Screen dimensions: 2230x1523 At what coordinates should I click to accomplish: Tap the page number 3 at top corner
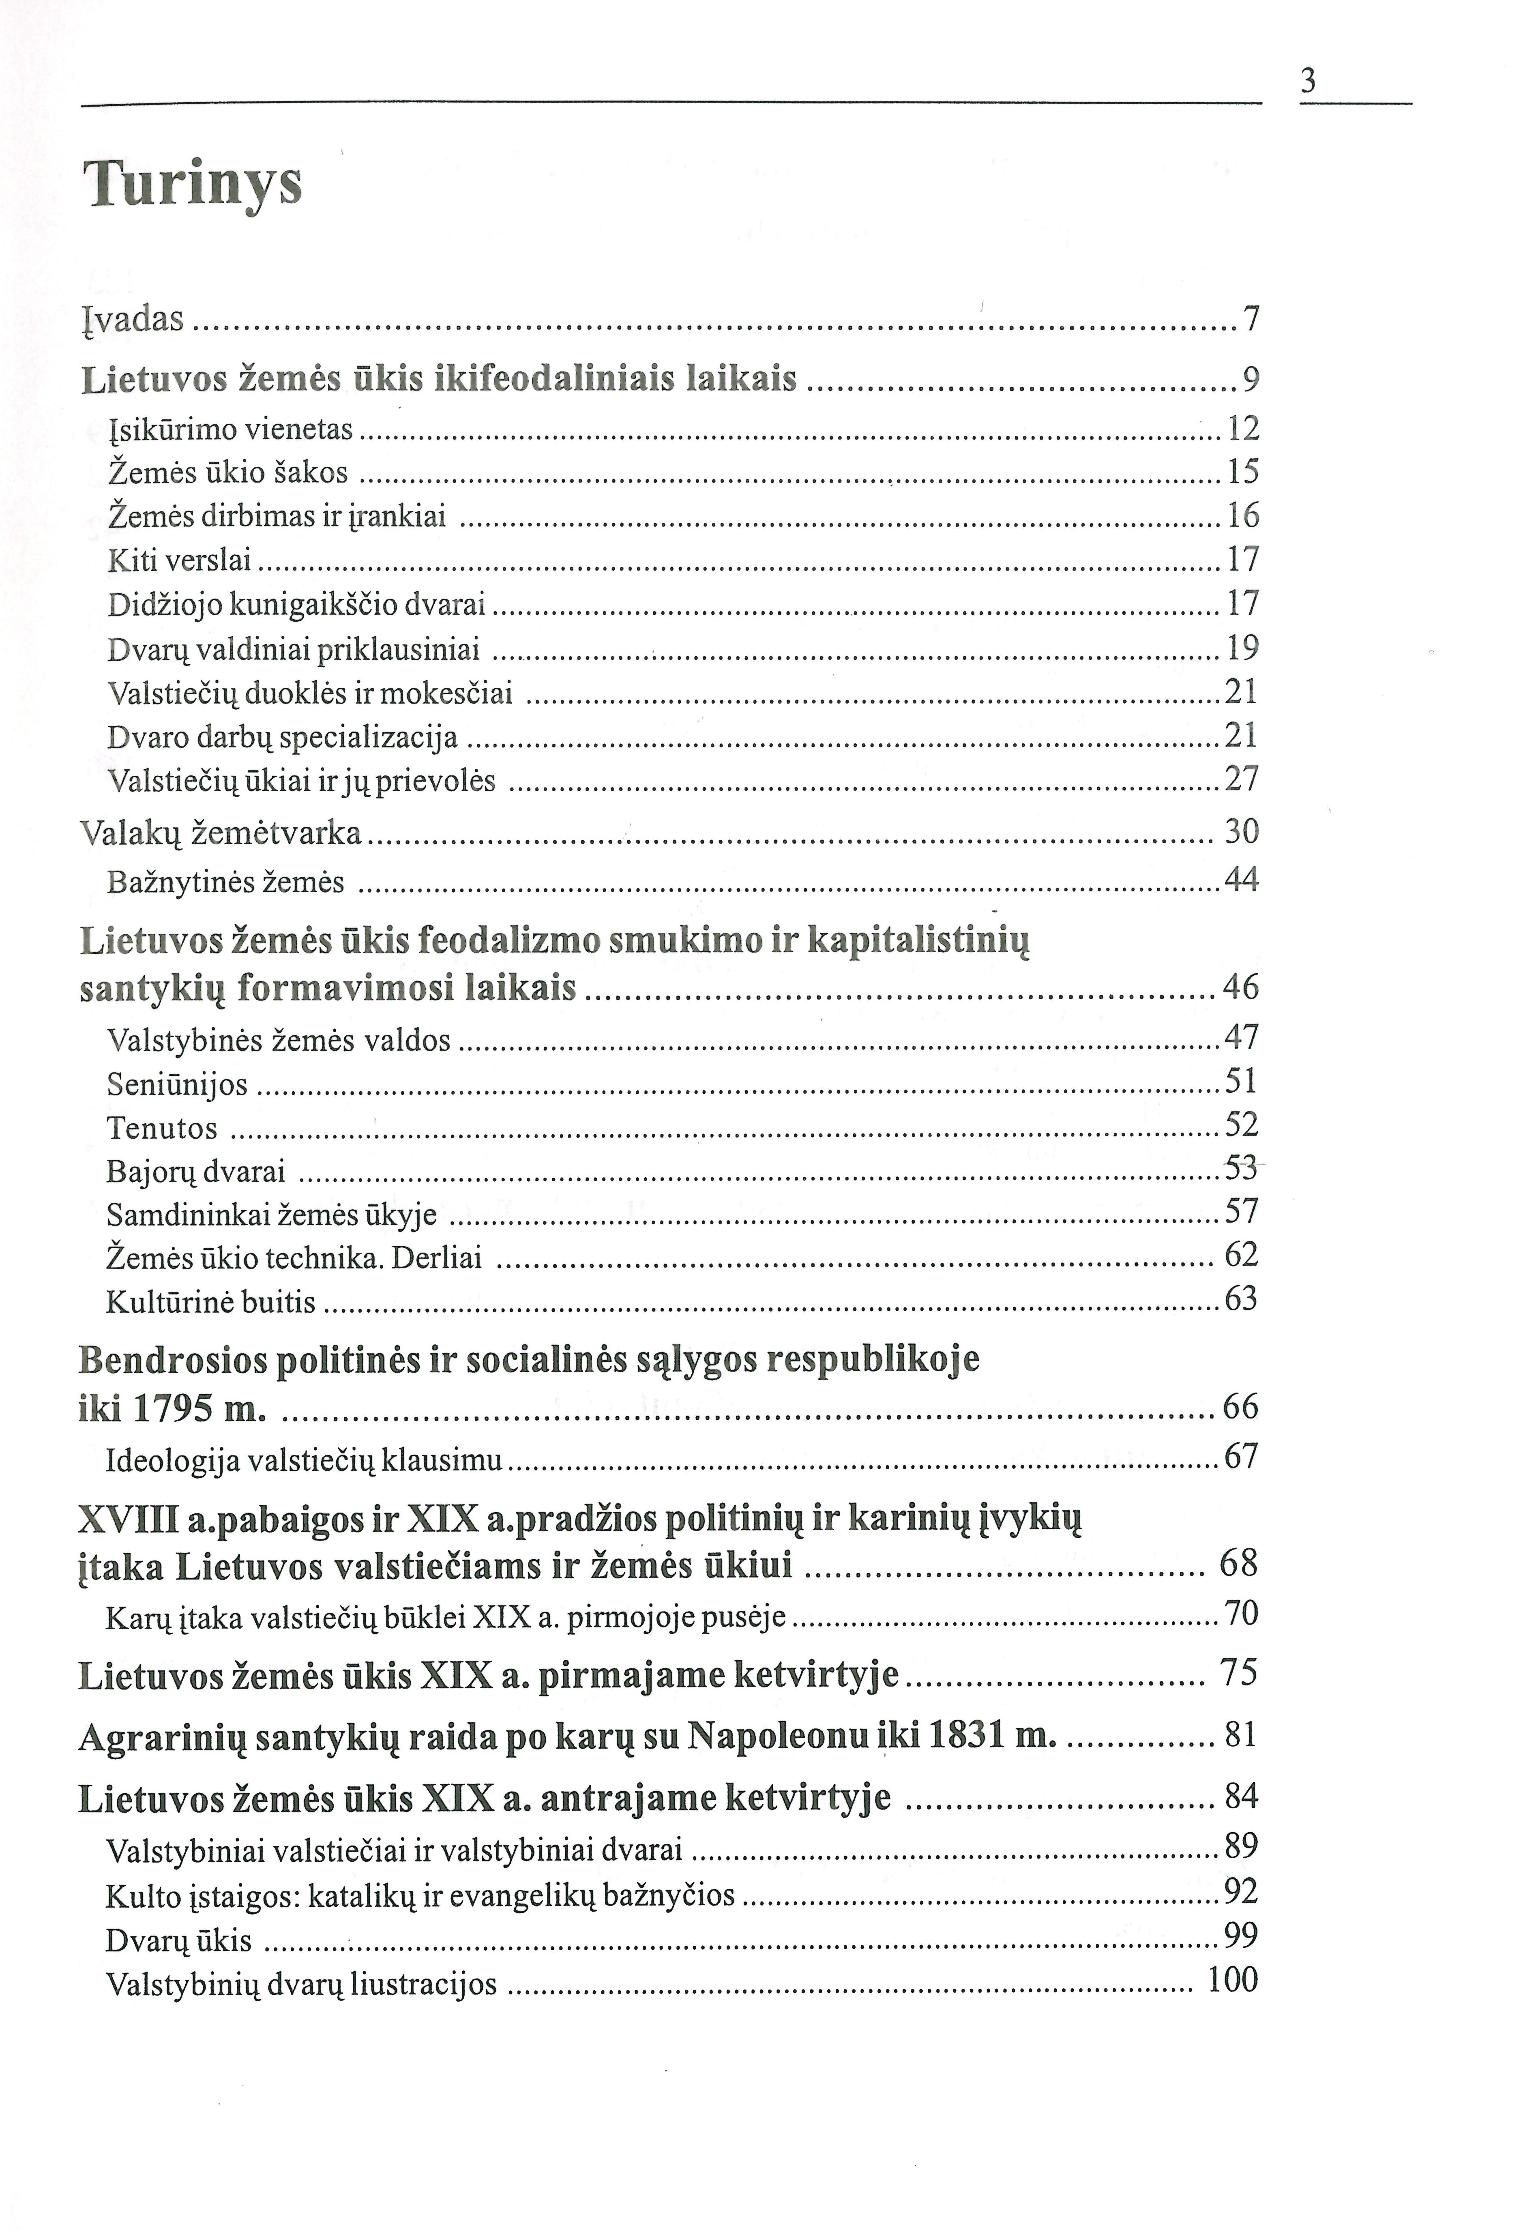tap(1307, 82)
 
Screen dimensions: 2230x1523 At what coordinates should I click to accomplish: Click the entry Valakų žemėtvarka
tap(221, 832)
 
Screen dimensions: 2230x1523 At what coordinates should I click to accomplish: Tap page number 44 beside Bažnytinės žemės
tap(1241, 879)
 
